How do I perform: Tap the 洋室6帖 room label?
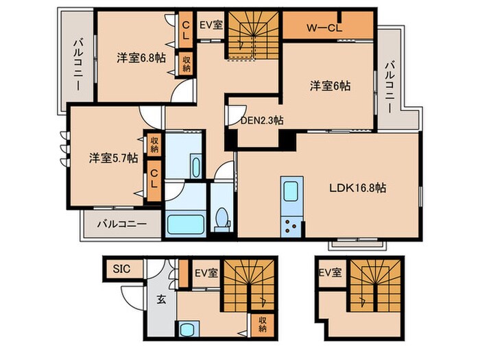pos(330,86)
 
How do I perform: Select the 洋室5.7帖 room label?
pos(113,157)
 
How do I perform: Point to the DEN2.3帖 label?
pos(262,119)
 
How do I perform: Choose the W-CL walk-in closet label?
pos(324,28)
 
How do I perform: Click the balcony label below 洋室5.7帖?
pos(121,224)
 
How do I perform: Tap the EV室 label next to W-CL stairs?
pos(211,25)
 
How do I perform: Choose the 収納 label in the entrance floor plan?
pos(263,323)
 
